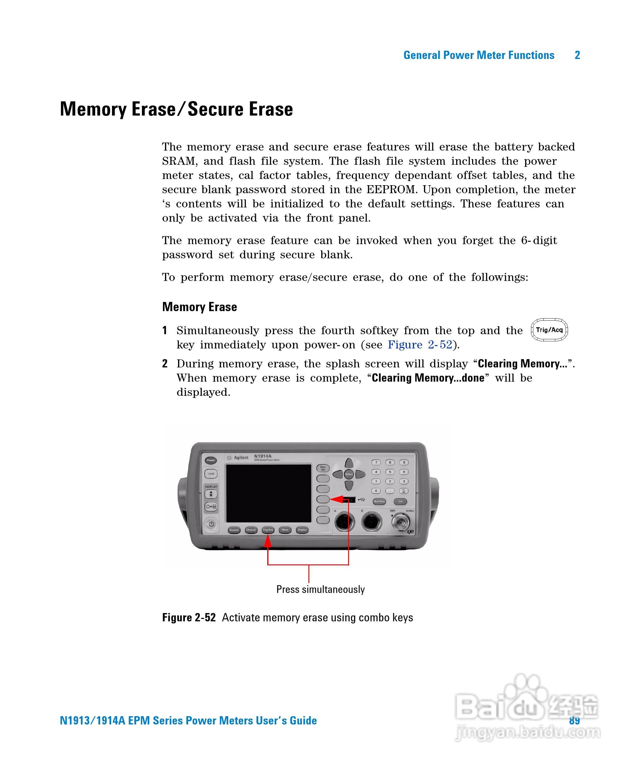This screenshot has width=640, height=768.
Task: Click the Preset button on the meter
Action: pos(211,460)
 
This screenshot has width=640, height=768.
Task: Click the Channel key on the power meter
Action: pos(251,530)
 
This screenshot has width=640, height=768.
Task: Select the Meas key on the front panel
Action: pos(285,529)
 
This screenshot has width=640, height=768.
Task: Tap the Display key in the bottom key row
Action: pos(302,529)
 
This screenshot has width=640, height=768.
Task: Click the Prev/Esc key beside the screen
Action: pos(323,468)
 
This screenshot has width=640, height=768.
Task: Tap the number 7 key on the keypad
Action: pos(376,463)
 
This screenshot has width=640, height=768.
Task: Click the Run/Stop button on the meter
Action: pos(379,501)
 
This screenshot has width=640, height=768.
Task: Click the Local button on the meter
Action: pos(211,473)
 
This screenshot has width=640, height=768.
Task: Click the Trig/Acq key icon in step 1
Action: pos(549,330)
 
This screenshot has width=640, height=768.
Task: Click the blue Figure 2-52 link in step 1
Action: pos(420,345)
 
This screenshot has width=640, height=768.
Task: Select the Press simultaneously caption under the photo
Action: pos(320,589)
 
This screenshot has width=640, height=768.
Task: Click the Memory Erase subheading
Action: pos(199,307)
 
